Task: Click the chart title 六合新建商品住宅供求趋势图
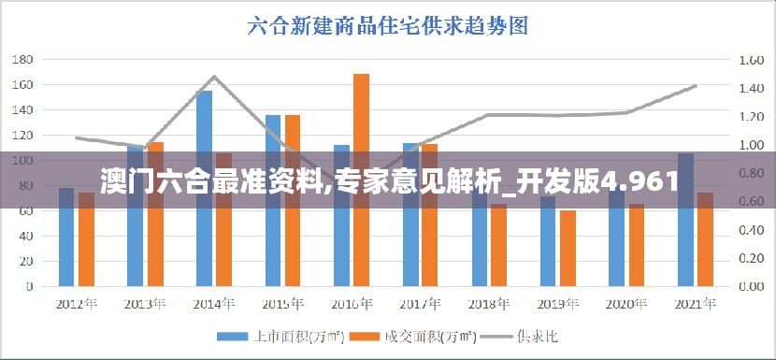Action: pos(388,25)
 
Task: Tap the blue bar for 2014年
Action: pos(204,187)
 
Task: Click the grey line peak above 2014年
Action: pos(214,77)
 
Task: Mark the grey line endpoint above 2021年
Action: pos(695,86)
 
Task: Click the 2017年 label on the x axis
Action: pos(422,304)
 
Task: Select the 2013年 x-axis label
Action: pos(145,304)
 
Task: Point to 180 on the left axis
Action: pos(22,59)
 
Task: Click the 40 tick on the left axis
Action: pos(26,236)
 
